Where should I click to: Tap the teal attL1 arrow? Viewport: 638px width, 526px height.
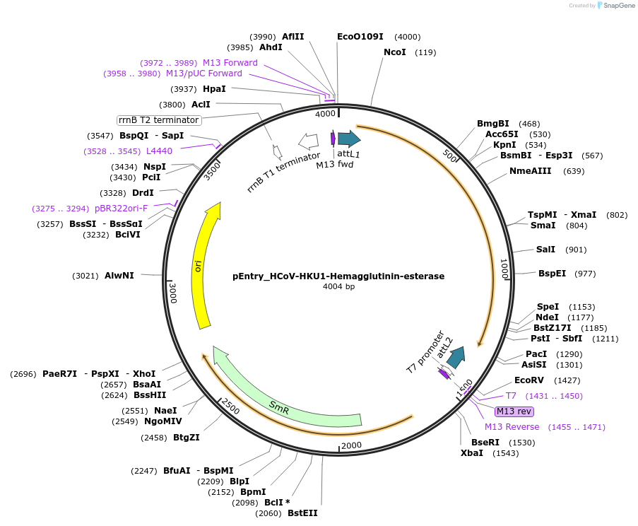pyautogui.click(x=348, y=139)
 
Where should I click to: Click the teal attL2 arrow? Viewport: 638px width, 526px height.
pyautogui.click(x=456, y=357)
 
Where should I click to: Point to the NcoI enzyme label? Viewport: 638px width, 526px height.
pyautogui.click(x=395, y=52)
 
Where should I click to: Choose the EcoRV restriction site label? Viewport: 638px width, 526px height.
pyautogui.click(x=529, y=380)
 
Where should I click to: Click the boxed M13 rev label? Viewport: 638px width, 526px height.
pyautogui.click(x=514, y=411)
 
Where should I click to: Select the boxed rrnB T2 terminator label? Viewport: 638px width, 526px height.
pyautogui.click(x=159, y=119)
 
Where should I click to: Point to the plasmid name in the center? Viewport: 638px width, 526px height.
pyautogui.click(x=338, y=276)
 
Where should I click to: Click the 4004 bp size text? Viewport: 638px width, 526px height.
pyautogui.click(x=338, y=287)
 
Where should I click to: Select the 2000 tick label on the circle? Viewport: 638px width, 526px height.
pyautogui.click(x=350, y=445)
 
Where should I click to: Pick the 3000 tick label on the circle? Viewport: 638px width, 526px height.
pyautogui.click(x=174, y=291)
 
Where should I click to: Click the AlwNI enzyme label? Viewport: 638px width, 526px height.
pyautogui.click(x=119, y=275)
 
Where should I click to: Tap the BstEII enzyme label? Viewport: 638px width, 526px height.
pyautogui.click(x=302, y=513)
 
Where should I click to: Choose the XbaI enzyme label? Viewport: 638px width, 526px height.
pyautogui.click(x=472, y=452)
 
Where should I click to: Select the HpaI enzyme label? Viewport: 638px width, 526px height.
pyautogui.click(x=214, y=89)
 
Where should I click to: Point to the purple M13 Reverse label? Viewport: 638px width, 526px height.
pyautogui.click(x=512, y=427)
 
